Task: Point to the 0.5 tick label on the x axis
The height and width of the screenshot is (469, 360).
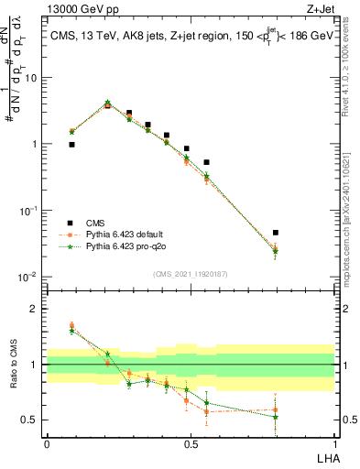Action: click(x=191, y=444)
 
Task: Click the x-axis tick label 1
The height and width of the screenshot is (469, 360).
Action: click(x=334, y=444)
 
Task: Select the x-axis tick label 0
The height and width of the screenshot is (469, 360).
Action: click(x=47, y=444)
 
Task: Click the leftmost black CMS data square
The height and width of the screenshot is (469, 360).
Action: click(x=71, y=145)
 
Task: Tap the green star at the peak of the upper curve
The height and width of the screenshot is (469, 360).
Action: click(x=108, y=103)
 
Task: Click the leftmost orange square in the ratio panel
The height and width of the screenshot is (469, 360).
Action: click(x=71, y=325)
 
